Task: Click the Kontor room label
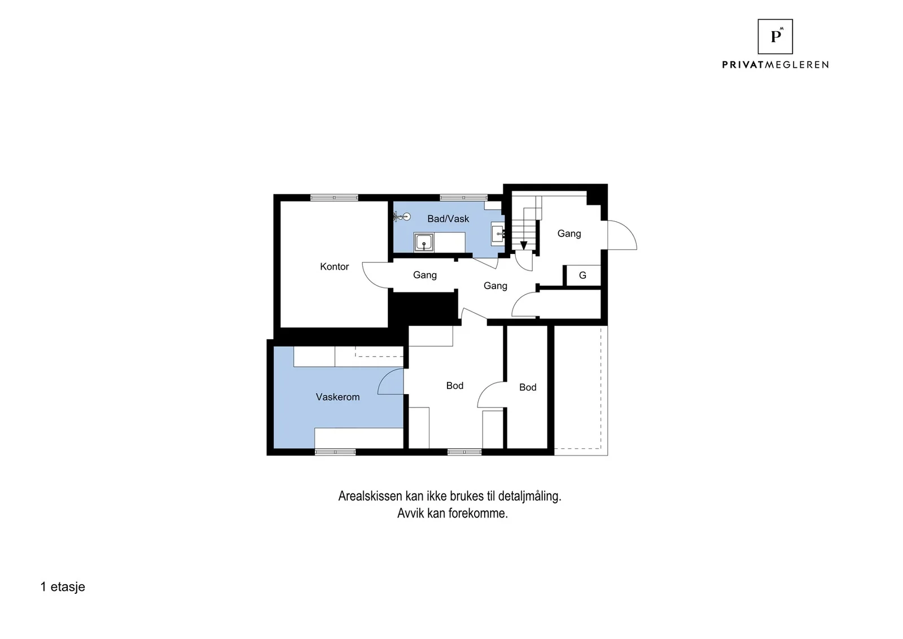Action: pyautogui.click(x=334, y=266)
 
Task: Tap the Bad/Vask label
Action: pyautogui.click(x=448, y=219)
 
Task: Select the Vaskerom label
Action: pyautogui.click(x=337, y=397)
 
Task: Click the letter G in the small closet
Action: pyautogui.click(x=582, y=275)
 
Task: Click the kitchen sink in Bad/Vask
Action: pyautogui.click(x=424, y=243)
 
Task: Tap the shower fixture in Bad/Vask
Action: pyautogui.click(x=402, y=217)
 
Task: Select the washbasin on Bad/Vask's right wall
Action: pyautogui.click(x=498, y=234)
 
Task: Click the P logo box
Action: pyautogui.click(x=775, y=37)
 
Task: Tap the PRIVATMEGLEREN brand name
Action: pyautogui.click(x=775, y=65)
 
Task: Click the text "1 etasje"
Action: pyautogui.click(x=63, y=587)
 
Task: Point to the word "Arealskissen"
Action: pyautogui.click(x=370, y=496)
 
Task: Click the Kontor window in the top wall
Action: pyautogui.click(x=334, y=198)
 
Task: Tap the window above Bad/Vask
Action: pyautogui.click(x=463, y=198)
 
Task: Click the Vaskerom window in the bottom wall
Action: pyautogui.click(x=335, y=452)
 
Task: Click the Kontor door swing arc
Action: pyautogui.click(x=370, y=280)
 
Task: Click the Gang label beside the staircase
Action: pyautogui.click(x=569, y=234)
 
